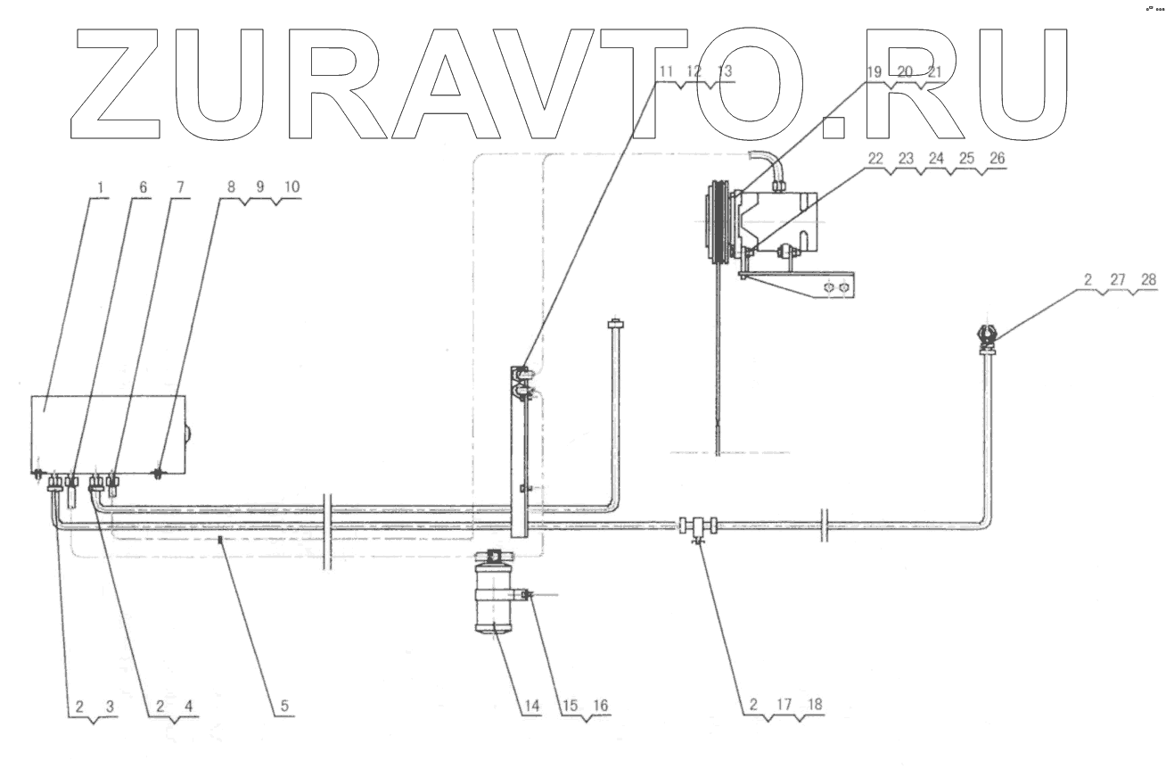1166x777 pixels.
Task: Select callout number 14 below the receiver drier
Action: click(x=531, y=705)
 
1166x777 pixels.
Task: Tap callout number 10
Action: click(x=292, y=188)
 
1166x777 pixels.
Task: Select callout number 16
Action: click(x=601, y=705)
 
